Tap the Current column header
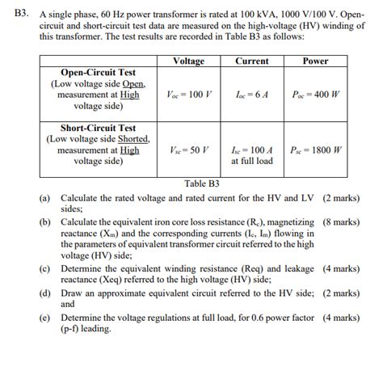pyautogui.click(x=251, y=61)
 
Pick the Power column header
pyautogui.click(x=315, y=61)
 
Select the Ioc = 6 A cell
pyautogui.click(x=251, y=95)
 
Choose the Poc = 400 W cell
pyautogui.click(x=315, y=95)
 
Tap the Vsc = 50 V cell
pyautogui.click(x=188, y=150)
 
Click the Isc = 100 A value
pyautogui.click(x=251, y=150)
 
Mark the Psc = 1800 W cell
pyautogui.click(x=315, y=150)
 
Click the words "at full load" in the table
pyautogui.click(x=251, y=161)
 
